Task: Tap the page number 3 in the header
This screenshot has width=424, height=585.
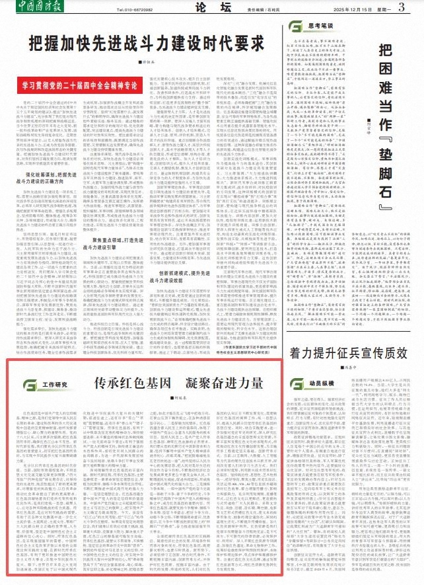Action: click(402, 9)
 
